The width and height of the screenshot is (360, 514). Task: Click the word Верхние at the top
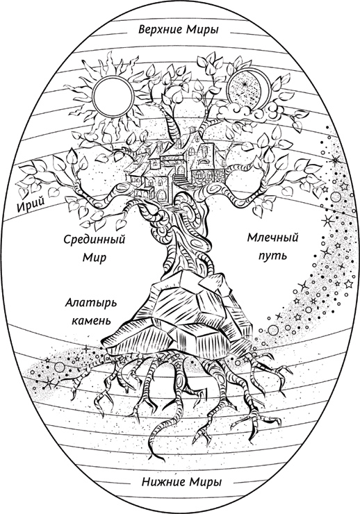coord(160,29)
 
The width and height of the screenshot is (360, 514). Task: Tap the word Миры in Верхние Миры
coord(203,29)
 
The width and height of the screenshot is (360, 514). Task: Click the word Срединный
coord(95,240)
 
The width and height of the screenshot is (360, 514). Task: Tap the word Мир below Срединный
coord(94,257)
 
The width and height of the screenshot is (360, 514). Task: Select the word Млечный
coord(272,237)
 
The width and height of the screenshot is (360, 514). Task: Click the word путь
coord(272,255)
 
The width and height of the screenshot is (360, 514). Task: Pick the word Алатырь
coord(91,303)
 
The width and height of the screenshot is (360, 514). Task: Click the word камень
coord(91,320)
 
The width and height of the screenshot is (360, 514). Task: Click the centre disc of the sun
coord(113,96)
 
